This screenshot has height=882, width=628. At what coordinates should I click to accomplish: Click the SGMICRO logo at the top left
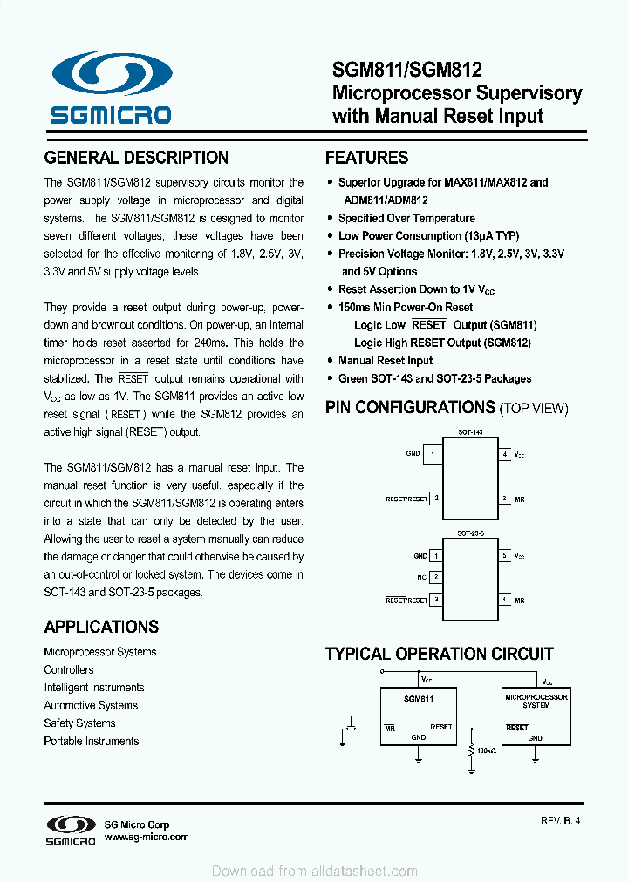point(110,88)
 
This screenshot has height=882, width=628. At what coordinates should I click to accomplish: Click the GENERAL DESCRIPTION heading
point(136,158)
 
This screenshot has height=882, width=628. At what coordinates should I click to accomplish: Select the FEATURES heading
point(366,158)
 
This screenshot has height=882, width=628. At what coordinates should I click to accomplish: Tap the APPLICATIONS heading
point(101,627)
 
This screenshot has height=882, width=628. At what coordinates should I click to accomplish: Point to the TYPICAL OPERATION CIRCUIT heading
point(439,654)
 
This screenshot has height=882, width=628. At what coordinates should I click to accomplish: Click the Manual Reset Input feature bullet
point(385,361)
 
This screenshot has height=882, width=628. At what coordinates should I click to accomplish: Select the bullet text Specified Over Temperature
point(406,218)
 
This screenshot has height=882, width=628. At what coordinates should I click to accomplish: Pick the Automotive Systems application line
point(91,705)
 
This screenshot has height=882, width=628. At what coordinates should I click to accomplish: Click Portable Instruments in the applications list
point(92,741)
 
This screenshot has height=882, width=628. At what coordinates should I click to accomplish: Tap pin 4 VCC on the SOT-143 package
point(505,454)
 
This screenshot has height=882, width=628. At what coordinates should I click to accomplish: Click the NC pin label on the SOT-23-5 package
point(421,577)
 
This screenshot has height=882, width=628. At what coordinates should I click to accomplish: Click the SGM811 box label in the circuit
point(419,698)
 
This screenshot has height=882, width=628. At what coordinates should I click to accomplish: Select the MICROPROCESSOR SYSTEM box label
point(536,701)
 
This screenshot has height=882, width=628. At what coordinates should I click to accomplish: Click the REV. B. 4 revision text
point(560,820)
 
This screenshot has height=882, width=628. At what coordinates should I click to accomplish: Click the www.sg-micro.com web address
point(146,837)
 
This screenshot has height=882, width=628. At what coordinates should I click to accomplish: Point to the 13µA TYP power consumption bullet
point(428,235)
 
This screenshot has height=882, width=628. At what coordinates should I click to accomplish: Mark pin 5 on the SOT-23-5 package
point(504,555)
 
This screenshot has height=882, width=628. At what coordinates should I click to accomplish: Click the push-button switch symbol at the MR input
point(352,725)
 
